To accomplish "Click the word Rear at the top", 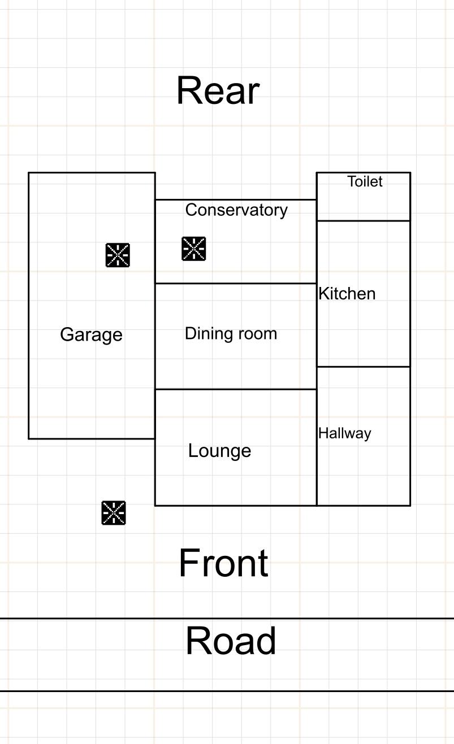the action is [x=218, y=90].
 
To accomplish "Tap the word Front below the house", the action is [x=224, y=563].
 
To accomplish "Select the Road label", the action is [x=231, y=641].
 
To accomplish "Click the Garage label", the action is [x=92, y=335].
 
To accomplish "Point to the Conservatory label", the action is [x=236, y=210].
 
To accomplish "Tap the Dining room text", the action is [x=231, y=333].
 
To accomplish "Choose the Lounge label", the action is [x=220, y=451].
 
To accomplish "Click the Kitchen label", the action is [x=347, y=294].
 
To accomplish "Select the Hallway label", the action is [x=345, y=433].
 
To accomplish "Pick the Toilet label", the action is [x=365, y=181].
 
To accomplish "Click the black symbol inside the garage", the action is [x=118, y=255].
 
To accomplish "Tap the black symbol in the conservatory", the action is [x=194, y=249].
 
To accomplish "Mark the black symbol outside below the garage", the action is [x=114, y=513].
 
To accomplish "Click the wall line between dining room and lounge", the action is [x=236, y=389].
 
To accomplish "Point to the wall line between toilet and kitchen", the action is [x=364, y=220].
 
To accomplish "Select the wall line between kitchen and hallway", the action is [x=364, y=367].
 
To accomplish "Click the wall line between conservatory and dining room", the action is [x=236, y=284].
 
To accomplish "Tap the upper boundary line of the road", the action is [x=227, y=619].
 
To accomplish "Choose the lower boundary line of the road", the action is [x=227, y=691].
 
